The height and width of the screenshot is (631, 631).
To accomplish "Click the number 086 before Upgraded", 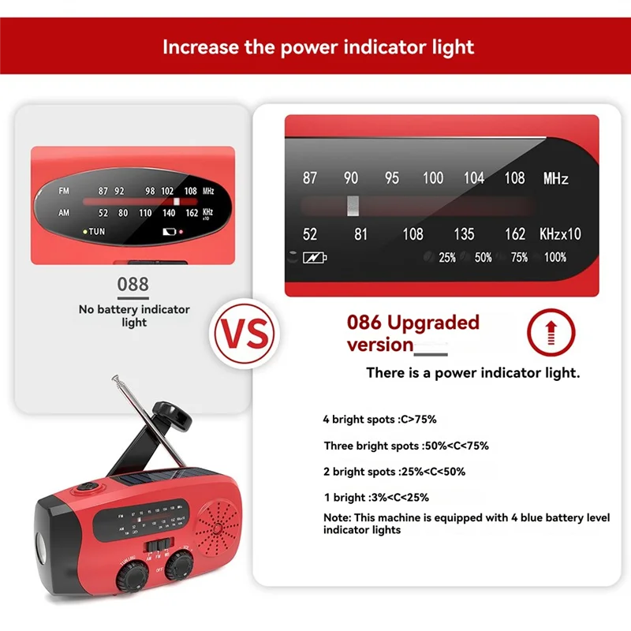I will pos(364,323).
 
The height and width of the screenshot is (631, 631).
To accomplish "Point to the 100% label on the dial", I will pos(554,257).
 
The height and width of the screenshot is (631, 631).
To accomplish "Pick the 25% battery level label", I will pos(447,257).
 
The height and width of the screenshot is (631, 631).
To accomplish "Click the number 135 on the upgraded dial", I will pos(464,233).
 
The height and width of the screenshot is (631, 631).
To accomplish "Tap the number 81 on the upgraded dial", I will pos(360,233).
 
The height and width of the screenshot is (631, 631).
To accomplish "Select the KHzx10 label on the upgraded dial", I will pos(560,233).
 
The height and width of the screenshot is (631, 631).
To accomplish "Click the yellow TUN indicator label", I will pos(95,231).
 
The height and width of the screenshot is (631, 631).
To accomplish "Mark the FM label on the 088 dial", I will pos(63,191).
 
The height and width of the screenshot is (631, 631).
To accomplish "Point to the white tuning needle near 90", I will pos(353,205).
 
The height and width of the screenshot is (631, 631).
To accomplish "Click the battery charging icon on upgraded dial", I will pos(315,257).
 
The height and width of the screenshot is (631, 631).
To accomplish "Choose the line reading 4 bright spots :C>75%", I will pos(379,419).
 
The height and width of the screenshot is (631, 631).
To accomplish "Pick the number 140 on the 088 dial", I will pos(169,213).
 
